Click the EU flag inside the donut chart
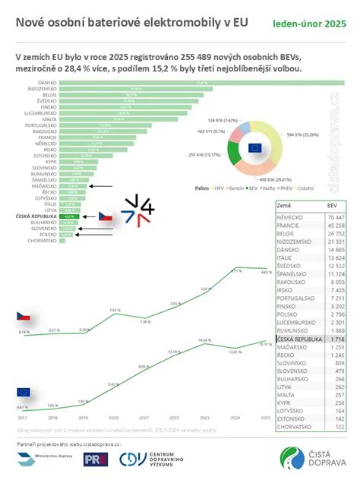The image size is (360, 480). pyautogui.click(x=254, y=147)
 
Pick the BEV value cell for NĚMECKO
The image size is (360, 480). pyautogui.click(x=334, y=216)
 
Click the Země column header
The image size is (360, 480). pyautogui.click(x=284, y=205)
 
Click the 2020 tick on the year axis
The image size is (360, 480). pyautogui.click(x=114, y=418)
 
